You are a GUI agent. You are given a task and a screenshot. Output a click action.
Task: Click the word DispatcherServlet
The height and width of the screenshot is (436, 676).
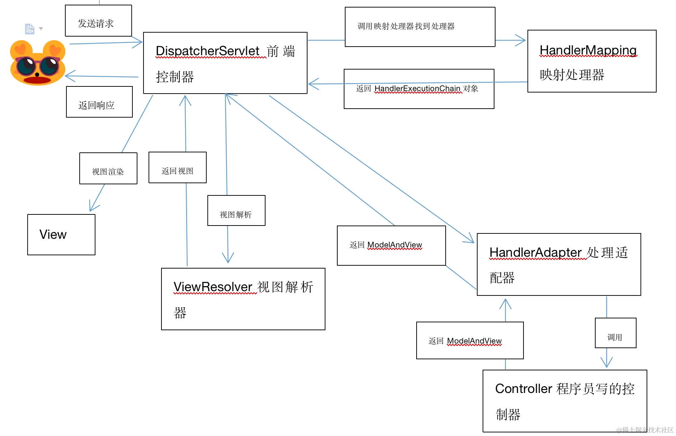point(207,51)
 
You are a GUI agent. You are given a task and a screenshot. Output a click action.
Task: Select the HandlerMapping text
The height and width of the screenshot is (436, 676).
point(588,50)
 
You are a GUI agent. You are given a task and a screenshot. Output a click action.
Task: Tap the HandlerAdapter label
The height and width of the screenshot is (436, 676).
point(535,252)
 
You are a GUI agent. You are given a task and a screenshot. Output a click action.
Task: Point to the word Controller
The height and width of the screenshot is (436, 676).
point(523,389)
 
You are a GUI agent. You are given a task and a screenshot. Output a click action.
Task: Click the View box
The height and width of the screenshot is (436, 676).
point(61,234)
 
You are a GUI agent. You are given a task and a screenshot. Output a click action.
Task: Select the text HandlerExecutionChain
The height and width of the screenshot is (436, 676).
point(417,89)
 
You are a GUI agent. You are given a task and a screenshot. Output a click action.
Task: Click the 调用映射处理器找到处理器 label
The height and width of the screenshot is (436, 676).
point(406,26)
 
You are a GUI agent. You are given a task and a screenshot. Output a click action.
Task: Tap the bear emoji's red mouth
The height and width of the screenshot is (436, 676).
point(37,80)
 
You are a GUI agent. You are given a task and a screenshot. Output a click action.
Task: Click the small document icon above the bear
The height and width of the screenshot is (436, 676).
point(29,29)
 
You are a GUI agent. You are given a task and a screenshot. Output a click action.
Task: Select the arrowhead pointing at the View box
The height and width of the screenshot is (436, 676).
point(92,209)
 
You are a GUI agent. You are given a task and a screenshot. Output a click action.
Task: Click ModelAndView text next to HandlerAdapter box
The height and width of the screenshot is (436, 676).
point(394,245)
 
